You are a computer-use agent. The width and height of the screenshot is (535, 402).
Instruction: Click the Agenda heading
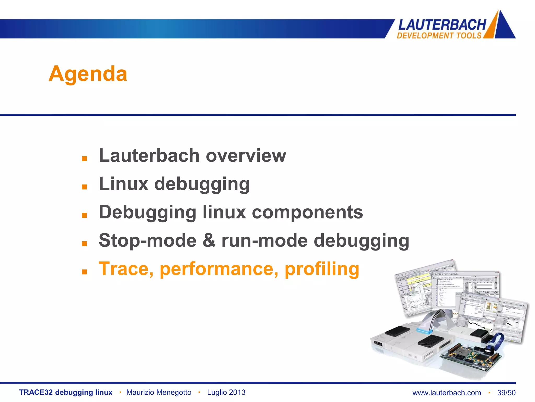[x=88, y=74]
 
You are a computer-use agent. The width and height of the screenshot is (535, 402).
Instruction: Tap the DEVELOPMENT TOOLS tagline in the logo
[x=439, y=35]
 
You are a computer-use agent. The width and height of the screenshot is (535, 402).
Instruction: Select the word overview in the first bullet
[x=246, y=156]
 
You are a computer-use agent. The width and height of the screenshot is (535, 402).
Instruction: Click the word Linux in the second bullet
[x=124, y=184]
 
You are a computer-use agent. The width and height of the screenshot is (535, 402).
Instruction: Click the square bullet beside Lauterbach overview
[x=84, y=159]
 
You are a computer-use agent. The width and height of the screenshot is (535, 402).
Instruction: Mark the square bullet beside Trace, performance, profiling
[x=84, y=272]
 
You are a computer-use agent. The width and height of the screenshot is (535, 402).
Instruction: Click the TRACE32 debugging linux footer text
[x=66, y=392]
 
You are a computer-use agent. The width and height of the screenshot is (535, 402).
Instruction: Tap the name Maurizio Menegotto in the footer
[x=159, y=392]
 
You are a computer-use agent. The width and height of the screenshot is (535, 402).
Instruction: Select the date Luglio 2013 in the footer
[x=226, y=392]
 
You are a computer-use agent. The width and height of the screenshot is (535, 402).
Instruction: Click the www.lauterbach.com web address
[x=447, y=393]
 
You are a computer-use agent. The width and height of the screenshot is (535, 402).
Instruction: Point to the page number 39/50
[x=506, y=393]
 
